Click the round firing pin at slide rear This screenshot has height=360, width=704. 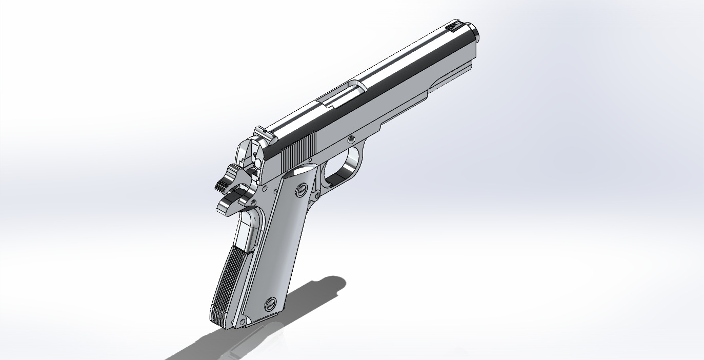[x=257, y=163]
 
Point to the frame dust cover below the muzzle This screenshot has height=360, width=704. [x=451, y=77]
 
